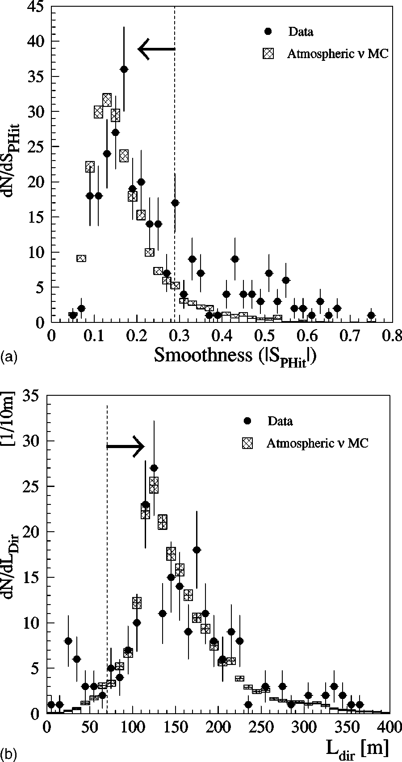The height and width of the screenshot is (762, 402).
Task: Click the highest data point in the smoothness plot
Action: [124, 69]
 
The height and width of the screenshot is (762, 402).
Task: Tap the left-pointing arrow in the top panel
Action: [156, 49]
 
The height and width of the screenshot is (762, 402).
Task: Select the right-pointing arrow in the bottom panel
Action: [126, 446]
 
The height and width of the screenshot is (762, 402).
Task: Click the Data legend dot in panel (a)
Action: [268, 31]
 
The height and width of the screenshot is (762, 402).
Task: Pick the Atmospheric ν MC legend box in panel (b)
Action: [247, 443]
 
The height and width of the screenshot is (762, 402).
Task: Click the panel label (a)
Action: [8, 357]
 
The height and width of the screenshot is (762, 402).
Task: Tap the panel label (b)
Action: [8, 755]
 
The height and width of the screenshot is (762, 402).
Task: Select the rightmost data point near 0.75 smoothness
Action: [371, 315]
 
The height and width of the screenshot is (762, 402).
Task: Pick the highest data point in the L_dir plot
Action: [154, 468]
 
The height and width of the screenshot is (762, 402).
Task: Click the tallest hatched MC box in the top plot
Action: [107, 100]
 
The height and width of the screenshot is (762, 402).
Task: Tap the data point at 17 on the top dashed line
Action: [175, 203]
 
